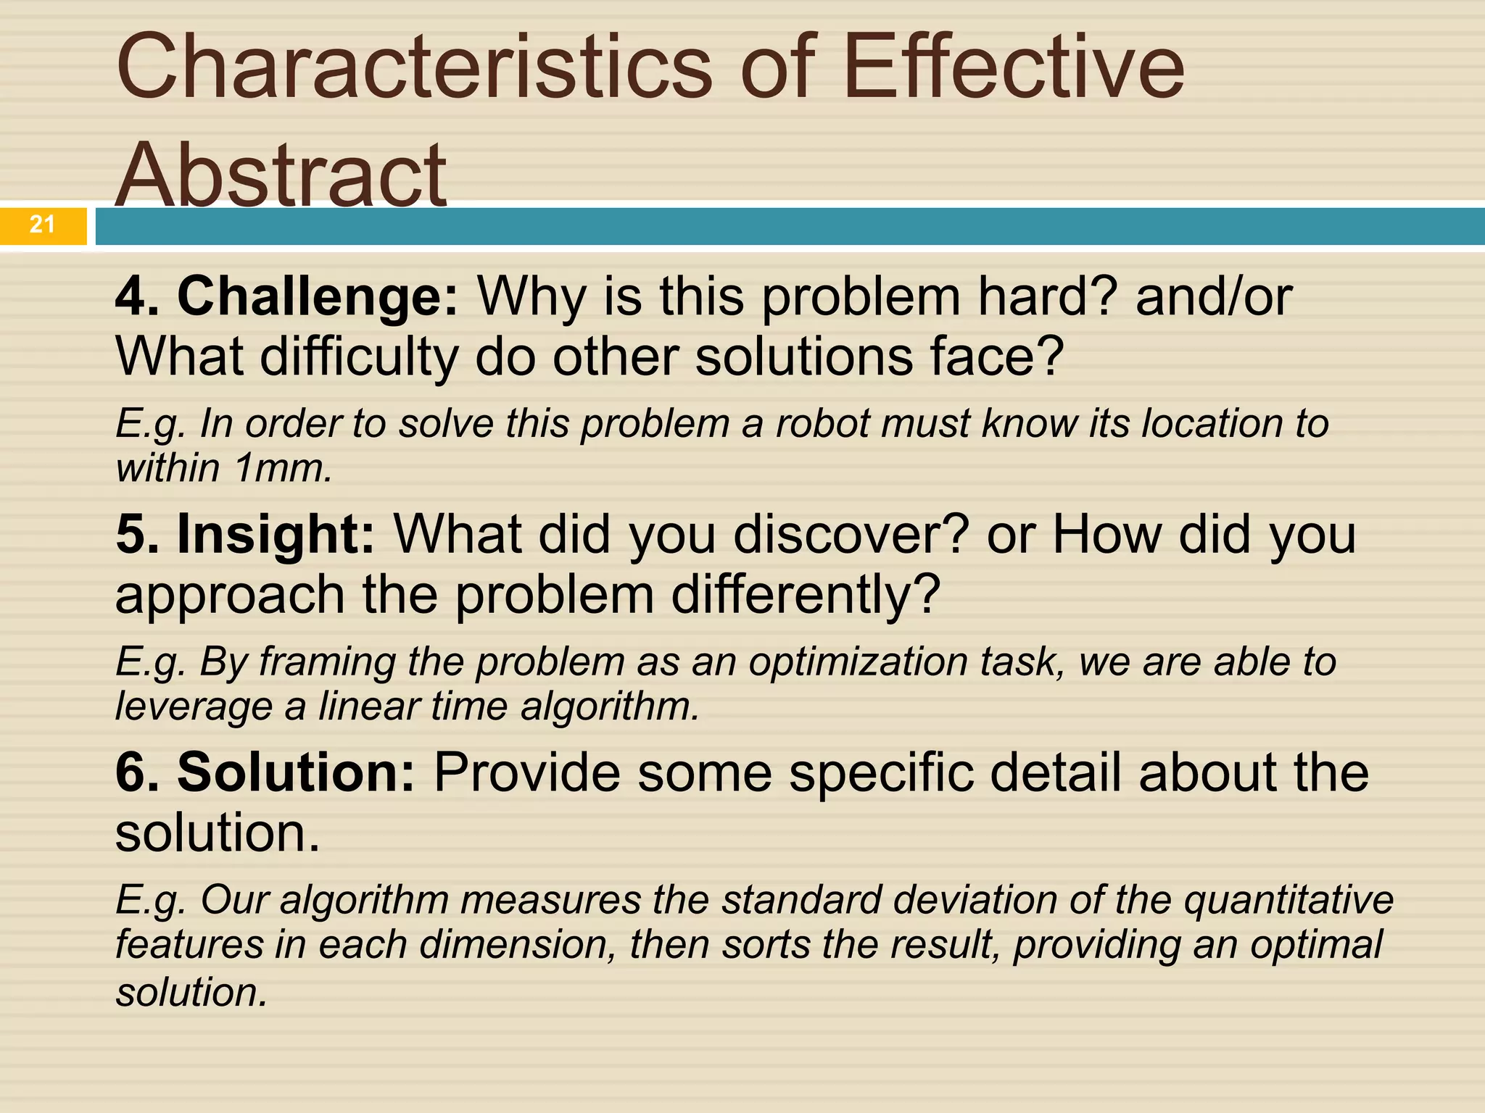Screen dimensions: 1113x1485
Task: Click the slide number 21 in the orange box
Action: tap(42, 225)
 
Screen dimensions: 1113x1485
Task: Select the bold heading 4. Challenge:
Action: tap(287, 297)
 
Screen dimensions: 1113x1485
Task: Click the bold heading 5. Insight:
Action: tap(245, 535)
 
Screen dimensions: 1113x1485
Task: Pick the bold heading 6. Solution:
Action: tap(265, 772)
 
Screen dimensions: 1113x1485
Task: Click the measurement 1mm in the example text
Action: tap(284, 468)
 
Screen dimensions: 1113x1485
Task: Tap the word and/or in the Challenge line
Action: tap(1213, 297)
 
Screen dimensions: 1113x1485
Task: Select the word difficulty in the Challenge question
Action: tap(359, 357)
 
